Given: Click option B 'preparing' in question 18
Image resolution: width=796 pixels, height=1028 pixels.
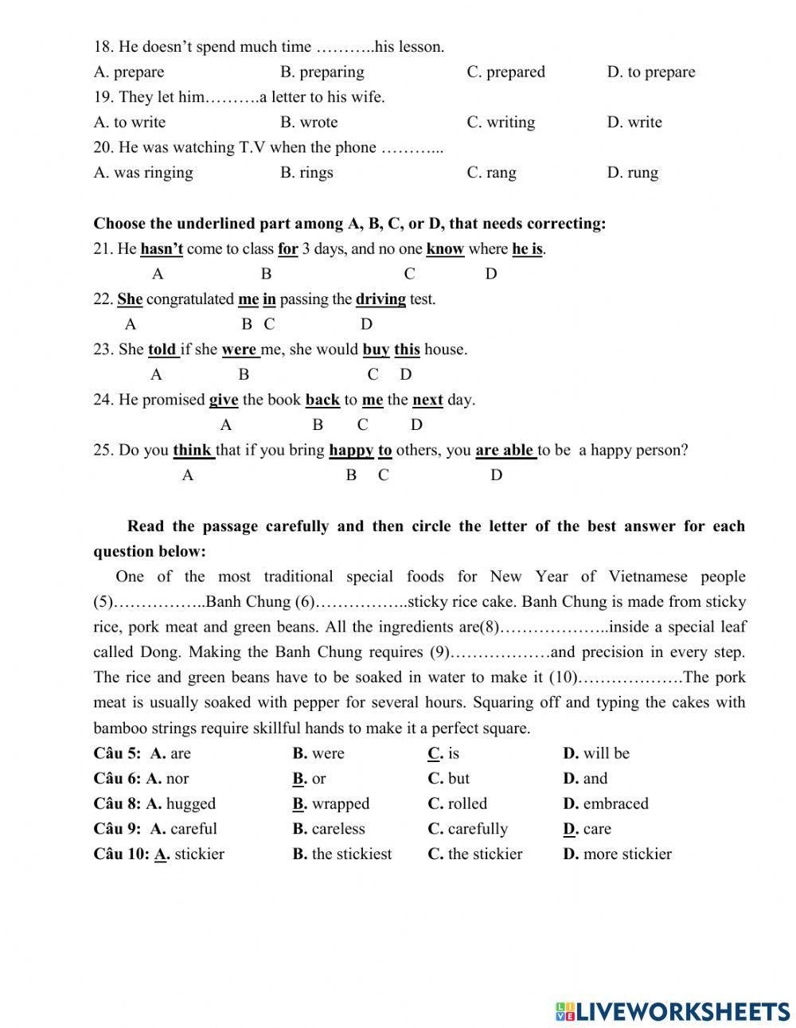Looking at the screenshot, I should coord(322,72).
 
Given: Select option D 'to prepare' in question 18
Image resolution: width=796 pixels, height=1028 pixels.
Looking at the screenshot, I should coord(650,72).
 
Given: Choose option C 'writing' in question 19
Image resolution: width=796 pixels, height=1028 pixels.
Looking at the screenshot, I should coord(501,123).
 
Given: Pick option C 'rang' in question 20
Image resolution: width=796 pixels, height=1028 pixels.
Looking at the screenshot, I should coord(491,173).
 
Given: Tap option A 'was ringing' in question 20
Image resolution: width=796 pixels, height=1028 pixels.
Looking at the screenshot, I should coord(143,173).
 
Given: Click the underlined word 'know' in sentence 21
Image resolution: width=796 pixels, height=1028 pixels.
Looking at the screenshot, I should coord(445,249).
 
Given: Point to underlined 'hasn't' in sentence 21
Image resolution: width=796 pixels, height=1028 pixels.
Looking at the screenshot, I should coord(162,249).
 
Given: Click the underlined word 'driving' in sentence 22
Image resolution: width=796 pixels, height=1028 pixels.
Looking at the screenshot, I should coord(380,299).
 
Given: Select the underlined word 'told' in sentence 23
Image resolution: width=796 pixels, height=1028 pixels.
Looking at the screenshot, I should coord(162,350).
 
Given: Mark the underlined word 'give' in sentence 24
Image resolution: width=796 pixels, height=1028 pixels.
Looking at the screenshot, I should coord(224,400).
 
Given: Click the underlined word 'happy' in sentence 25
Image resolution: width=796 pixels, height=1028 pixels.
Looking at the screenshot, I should coord(351,450).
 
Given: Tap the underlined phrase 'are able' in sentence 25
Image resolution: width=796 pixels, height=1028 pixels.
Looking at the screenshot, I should coord(505,450).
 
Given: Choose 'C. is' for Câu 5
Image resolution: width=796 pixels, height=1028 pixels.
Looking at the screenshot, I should coord(443,753).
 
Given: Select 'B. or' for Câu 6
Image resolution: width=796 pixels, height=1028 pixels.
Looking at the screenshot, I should coord(309,779).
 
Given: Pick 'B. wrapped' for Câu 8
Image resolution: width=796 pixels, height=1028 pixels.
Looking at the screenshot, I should coord(331,803).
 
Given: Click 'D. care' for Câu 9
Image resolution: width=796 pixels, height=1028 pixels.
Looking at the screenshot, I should coord(587,829).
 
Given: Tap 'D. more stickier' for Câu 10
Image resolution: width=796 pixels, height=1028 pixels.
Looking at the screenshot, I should coord(617,854).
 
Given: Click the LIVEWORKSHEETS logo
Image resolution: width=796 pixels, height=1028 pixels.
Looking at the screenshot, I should coord(673,1011).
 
